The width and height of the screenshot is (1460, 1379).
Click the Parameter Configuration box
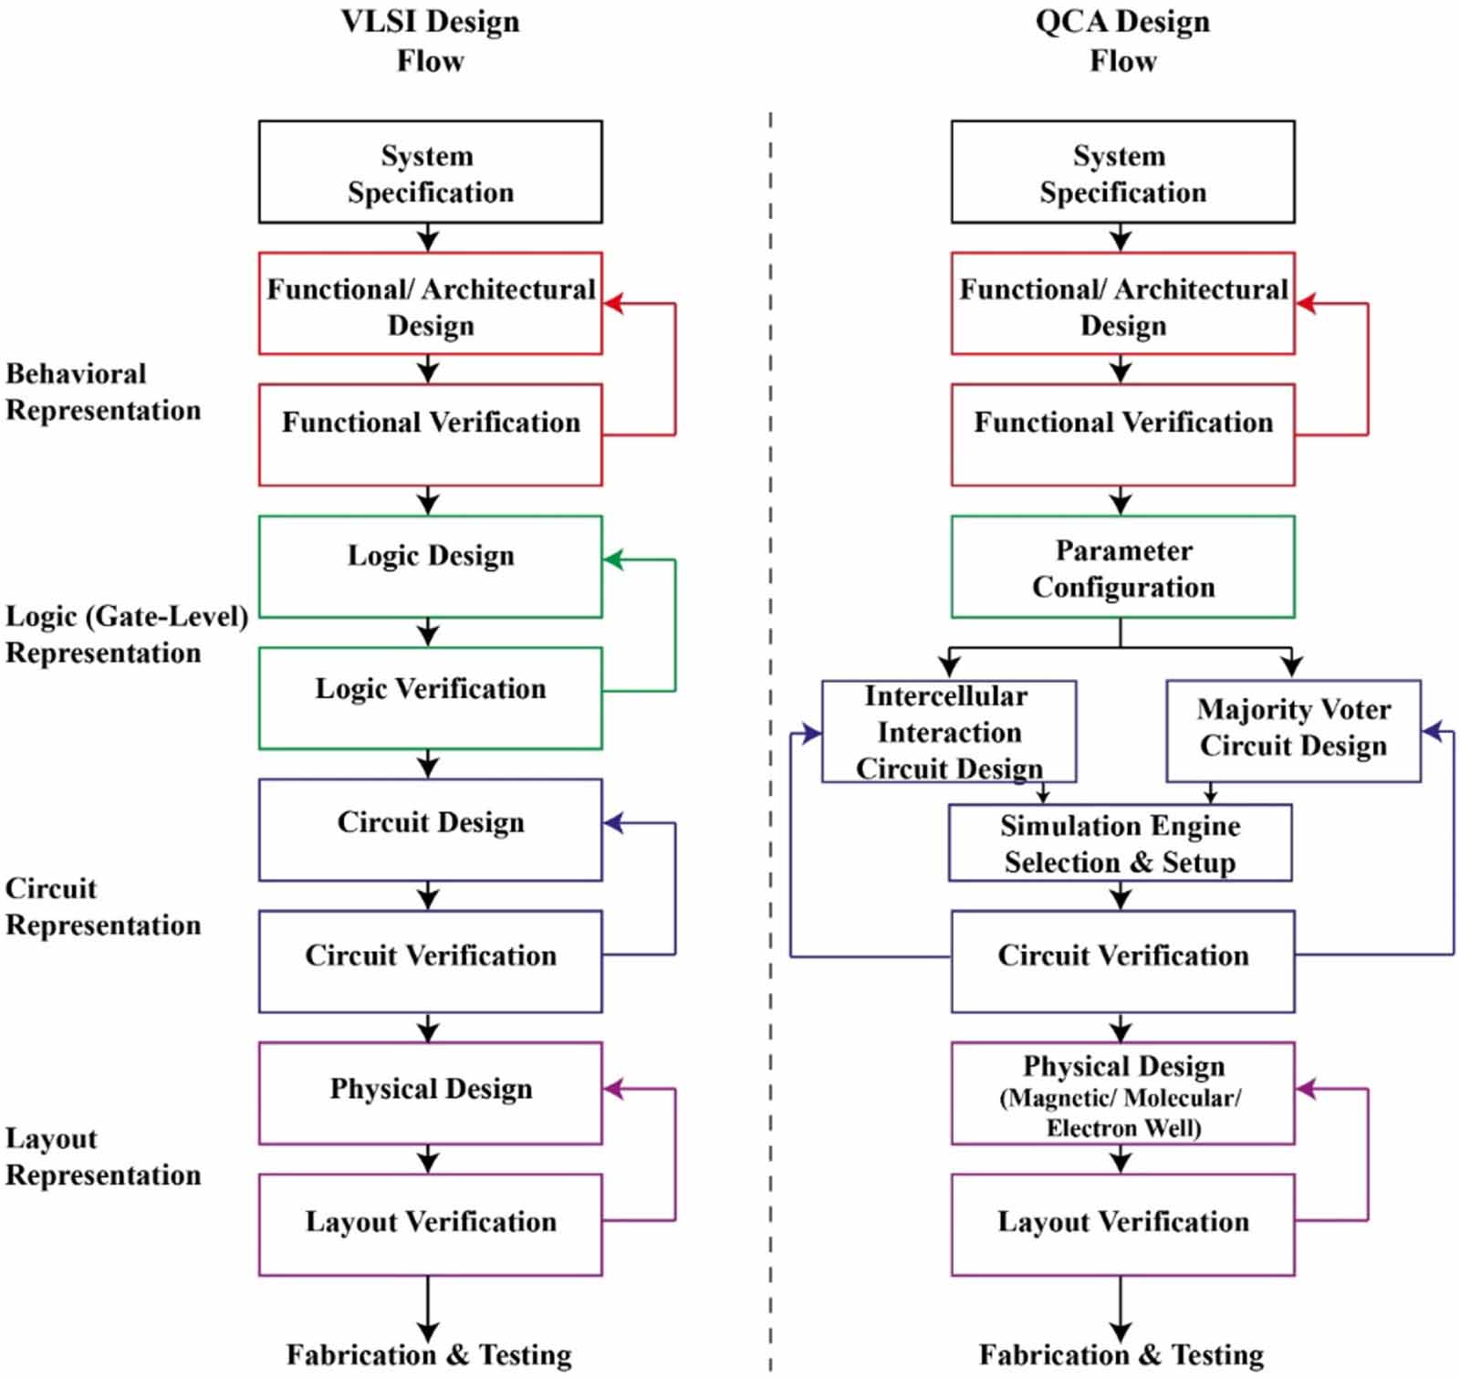click(x=1122, y=567)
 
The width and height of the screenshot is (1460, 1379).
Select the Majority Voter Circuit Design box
click(x=1293, y=730)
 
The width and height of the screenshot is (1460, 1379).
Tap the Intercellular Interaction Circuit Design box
click(x=948, y=731)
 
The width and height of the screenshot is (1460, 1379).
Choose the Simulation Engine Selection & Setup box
click(x=1120, y=842)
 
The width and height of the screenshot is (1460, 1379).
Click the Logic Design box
click(x=430, y=567)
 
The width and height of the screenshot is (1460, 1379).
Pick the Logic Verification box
click(x=430, y=698)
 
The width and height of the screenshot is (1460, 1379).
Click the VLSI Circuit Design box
click(x=430, y=830)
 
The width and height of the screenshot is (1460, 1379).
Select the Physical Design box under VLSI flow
click(x=430, y=1092)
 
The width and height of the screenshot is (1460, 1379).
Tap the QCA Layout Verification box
click(x=1122, y=1224)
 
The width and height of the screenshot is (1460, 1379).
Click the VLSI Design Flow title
click(x=430, y=41)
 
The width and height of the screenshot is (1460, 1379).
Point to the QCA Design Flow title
click(x=1122, y=41)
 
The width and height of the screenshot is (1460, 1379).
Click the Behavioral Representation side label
click(x=102, y=392)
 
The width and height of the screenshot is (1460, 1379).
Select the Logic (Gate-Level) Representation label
click(x=126, y=634)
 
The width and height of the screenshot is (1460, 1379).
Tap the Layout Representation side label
click(x=102, y=1156)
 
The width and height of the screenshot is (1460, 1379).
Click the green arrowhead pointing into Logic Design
click(x=613, y=559)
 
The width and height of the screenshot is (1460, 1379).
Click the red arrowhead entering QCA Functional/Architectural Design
click(x=1306, y=304)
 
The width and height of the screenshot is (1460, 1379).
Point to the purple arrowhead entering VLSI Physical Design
click(x=613, y=1089)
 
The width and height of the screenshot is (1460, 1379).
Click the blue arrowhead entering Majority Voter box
click(x=1432, y=730)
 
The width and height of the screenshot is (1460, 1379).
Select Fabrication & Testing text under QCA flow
click(x=1121, y=1354)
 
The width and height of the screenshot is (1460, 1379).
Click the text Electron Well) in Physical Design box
click(x=1123, y=1128)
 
